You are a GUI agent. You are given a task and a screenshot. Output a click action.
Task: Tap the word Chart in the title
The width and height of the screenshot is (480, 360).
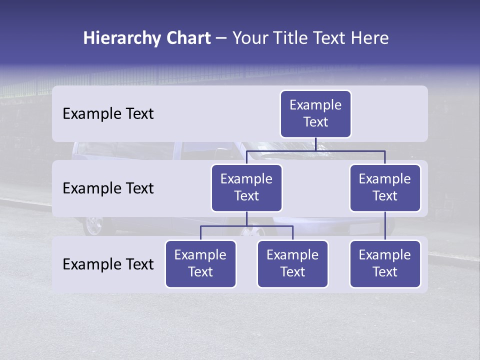tap(185, 38)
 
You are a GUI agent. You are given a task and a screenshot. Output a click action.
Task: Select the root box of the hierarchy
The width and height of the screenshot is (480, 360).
tap(315, 113)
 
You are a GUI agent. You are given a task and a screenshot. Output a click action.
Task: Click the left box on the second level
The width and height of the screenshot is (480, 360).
tap(246, 187)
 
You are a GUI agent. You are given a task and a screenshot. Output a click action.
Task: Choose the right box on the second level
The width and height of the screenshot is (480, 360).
tap(385, 187)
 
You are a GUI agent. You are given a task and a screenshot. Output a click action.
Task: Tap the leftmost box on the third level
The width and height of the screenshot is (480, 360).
tap(200, 263)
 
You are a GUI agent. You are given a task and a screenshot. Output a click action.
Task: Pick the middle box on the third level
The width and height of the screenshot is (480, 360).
tap(292, 263)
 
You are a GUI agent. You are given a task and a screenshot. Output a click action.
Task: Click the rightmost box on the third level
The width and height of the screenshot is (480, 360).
tap(385, 263)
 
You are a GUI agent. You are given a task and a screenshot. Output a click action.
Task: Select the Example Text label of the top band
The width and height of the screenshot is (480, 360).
tap(108, 114)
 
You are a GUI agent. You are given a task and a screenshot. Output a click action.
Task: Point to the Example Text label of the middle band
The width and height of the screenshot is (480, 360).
tap(108, 188)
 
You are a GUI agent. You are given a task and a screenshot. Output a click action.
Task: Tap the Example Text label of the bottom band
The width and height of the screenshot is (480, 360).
tap(108, 264)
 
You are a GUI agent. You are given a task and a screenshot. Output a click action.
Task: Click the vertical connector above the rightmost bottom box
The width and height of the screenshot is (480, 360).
tap(385, 226)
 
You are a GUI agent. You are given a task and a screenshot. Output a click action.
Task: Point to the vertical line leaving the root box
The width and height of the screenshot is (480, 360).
tap(315, 144)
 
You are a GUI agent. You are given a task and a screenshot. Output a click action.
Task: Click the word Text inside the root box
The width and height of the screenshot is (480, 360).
tap(315, 122)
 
